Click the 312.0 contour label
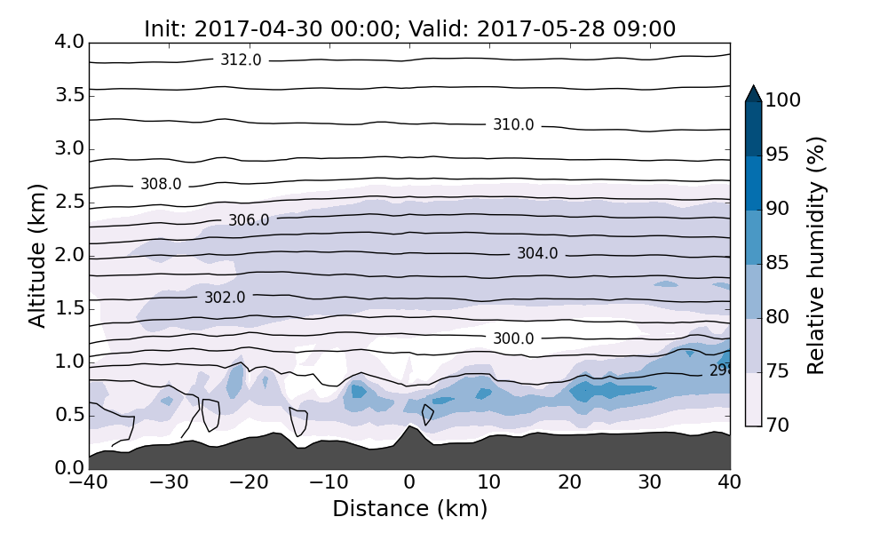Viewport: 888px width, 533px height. (241, 60)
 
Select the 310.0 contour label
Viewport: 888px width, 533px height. (513, 125)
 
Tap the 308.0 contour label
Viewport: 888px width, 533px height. (161, 185)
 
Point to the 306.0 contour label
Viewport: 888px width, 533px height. (249, 220)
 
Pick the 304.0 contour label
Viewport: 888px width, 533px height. (537, 254)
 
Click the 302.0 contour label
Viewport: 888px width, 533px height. (225, 298)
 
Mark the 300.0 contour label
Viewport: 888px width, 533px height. (513, 338)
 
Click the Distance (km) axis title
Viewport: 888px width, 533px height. (409, 509)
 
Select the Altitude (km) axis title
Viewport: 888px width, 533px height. (37, 255)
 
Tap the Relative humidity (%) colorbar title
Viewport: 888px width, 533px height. (816, 255)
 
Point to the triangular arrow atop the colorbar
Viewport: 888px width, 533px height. (753, 93)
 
